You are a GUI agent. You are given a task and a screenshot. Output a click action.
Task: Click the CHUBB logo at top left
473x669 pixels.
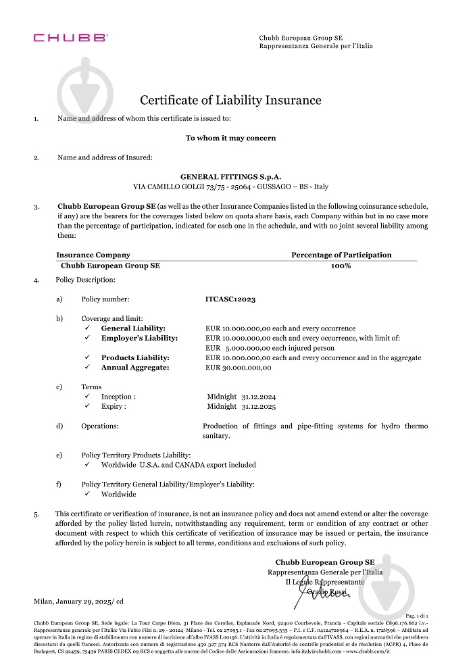(x=70, y=39)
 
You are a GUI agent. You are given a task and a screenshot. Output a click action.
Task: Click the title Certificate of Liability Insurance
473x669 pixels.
(x=230, y=100)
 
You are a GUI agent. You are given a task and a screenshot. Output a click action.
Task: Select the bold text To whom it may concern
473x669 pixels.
(x=230, y=138)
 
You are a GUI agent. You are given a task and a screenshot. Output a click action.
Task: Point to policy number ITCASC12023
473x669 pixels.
(x=230, y=299)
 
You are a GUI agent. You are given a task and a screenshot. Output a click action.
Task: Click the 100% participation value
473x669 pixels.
(x=341, y=266)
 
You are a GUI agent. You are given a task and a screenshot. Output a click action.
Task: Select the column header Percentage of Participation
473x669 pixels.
(x=341, y=255)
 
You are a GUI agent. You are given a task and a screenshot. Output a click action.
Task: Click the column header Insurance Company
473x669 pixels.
(x=93, y=255)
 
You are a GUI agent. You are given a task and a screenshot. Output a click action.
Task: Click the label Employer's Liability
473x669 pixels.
(x=139, y=338)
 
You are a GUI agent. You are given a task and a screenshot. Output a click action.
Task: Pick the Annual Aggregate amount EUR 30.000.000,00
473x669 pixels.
(x=238, y=368)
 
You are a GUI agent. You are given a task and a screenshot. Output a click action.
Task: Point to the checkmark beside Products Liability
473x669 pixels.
(x=88, y=357)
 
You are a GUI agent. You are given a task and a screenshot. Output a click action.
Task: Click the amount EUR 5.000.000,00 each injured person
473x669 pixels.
(x=270, y=348)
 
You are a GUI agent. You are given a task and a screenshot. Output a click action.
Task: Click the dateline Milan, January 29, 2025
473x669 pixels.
(x=78, y=601)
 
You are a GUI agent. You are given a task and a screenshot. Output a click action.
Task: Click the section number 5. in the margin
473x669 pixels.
(x=37, y=514)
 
